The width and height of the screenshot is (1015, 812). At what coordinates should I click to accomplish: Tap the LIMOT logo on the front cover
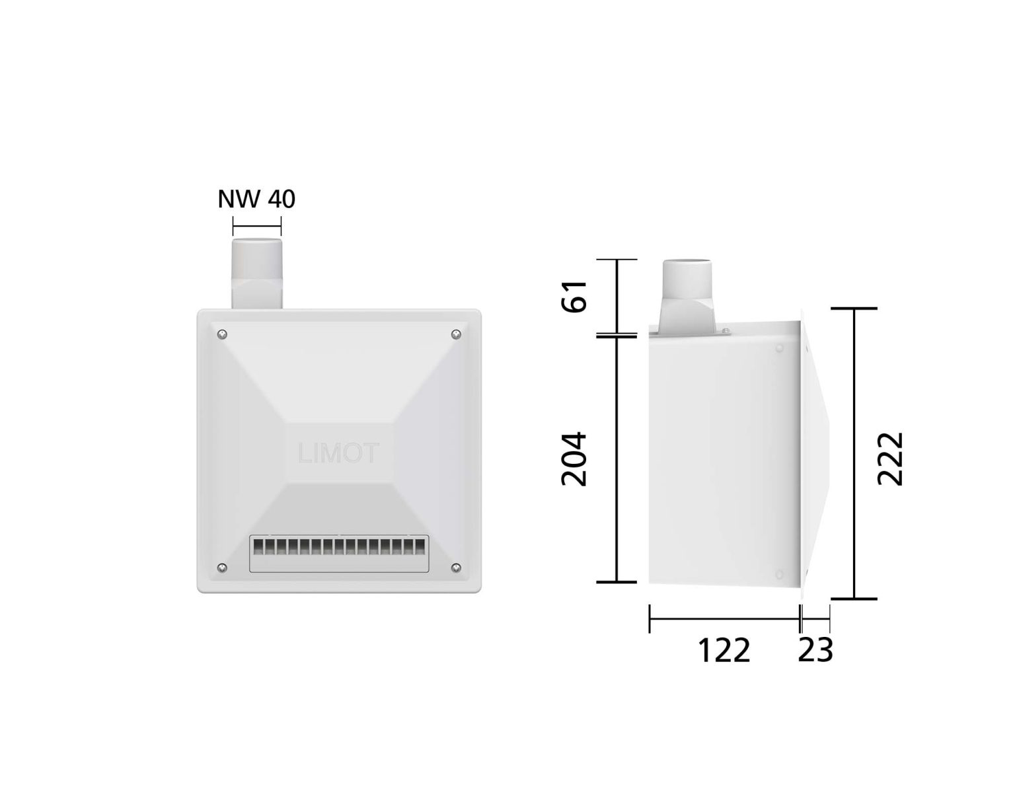[338, 454]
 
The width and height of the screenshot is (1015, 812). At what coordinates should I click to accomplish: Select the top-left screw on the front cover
[222, 334]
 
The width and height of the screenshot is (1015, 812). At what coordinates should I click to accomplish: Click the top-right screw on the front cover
[456, 335]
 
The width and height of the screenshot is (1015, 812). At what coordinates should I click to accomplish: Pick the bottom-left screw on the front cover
[222, 568]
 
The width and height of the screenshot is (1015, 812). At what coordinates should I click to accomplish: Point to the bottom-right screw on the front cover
[456, 568]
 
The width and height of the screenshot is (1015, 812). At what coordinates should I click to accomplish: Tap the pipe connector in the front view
[256, 274]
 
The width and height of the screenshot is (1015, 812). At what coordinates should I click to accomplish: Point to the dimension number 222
[889, 459]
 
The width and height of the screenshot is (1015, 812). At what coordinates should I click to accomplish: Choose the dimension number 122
[724, 651]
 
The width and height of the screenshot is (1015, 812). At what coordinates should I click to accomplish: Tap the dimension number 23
[815, 650]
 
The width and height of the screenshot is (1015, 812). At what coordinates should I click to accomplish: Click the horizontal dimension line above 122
[724, 619]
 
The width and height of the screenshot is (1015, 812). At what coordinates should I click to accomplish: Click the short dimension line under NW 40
[256, 227]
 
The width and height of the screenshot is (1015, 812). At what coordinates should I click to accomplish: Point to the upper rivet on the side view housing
[779, 348]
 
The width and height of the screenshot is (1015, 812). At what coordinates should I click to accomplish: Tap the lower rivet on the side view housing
[779, 574]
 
